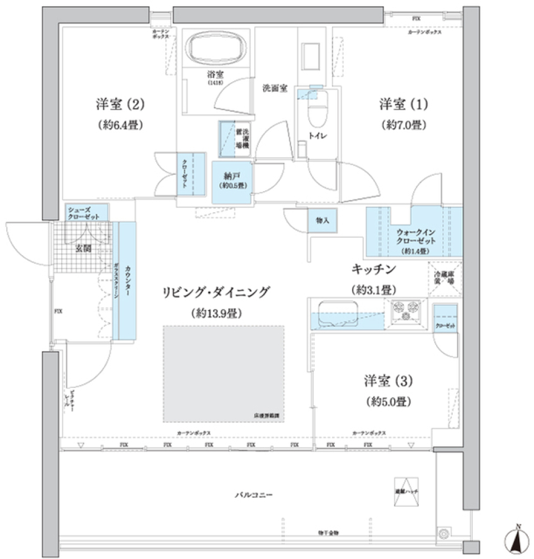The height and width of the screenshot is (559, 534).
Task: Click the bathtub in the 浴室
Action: pos(214,49)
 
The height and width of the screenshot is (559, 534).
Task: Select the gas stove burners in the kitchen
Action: pos(407,311)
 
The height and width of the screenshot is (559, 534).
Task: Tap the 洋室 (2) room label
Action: pos(120,104)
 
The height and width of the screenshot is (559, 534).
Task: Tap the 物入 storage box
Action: pos(323,221)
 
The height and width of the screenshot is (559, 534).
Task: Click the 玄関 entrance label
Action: pos(83,248)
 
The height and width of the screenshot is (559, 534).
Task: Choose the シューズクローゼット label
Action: pos(84,213)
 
